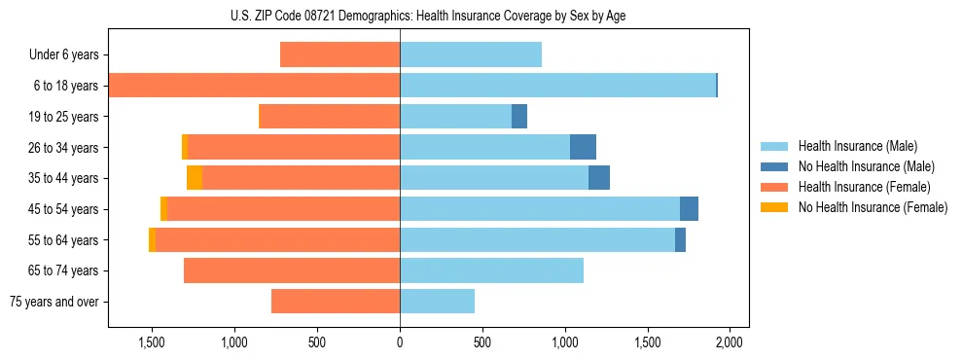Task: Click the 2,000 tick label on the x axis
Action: coord(730,342)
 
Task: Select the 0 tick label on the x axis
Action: coord(400,342)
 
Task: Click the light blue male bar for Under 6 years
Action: coord(471,55)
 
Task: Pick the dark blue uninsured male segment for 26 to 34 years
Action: coord(583,148)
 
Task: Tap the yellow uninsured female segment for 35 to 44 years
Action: coord(195,178)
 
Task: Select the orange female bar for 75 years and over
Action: coord(336,302)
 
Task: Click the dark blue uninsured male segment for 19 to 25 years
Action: coord(519,117)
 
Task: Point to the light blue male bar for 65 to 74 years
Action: coord(491,270)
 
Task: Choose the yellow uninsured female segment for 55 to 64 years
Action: coord(152,240)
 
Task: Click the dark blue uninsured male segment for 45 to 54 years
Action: coord(689,209)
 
